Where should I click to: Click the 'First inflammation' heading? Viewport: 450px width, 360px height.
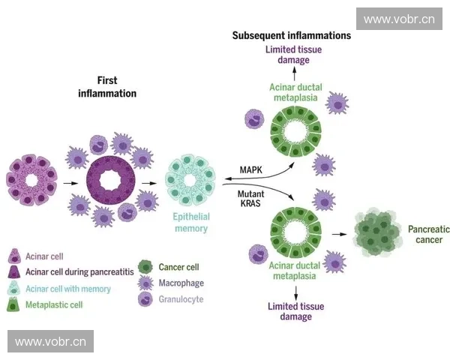107,87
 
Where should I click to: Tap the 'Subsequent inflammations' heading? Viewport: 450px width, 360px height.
292,35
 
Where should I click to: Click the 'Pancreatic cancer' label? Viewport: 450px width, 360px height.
424,234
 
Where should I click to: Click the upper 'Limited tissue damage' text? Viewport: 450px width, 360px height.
294,55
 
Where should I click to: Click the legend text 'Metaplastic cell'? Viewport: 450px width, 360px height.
54,305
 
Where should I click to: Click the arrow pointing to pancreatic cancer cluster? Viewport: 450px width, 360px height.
341,235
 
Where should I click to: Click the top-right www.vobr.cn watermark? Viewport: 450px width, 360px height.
398,19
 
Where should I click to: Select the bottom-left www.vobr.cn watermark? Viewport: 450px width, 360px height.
50,342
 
